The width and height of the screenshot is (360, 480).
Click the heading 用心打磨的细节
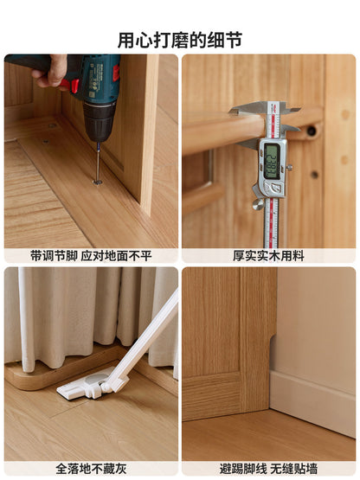click(180, 40)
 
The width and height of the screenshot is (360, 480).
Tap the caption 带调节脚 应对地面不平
click(91, 256)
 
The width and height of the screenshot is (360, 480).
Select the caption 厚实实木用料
click(268, 256)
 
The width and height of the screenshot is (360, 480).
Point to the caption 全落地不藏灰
click(91, 469)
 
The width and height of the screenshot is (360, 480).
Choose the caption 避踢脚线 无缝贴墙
click(268, 469)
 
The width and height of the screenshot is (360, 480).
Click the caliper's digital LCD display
click(272, 162)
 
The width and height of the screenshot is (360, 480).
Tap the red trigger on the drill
click(70, 85)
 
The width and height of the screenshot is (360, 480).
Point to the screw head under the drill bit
click(98, 182)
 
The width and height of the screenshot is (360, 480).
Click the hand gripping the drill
click(50, 71)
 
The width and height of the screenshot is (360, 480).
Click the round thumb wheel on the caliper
click(258, 204)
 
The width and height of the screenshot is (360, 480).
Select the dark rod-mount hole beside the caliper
click(312, 131)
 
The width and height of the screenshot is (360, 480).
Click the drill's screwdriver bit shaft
click(98, 163)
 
